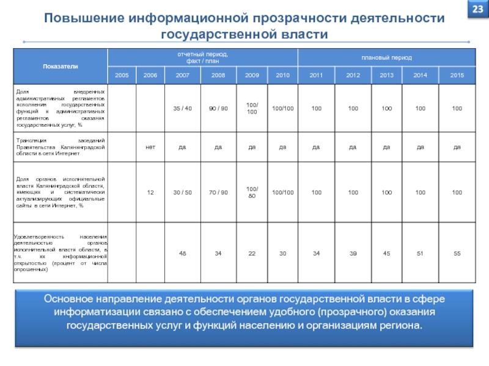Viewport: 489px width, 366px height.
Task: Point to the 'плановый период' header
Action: (386, 57)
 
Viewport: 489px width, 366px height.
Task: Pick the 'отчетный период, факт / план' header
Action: (202, 57)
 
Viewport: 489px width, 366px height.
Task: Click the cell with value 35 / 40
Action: (183, 108)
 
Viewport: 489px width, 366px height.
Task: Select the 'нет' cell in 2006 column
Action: (150, 146)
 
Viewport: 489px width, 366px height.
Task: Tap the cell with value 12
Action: (150, 192)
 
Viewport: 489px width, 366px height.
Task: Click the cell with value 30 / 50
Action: (183, 192)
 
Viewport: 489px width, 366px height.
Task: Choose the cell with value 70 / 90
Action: (218, 192)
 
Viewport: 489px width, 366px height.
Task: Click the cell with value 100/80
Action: (252, 192)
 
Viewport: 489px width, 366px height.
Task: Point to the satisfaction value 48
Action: (183, 253)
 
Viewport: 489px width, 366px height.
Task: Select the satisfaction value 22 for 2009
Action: (252, 253)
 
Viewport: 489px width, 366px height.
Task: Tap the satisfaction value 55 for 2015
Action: (457, 253)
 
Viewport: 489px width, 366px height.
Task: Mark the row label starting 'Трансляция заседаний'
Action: (60, 146)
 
